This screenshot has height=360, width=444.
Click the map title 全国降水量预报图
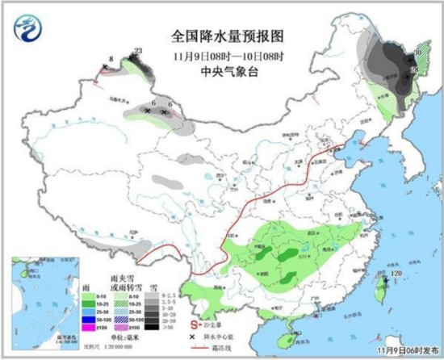[x=222, y=36]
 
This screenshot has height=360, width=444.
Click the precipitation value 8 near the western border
[x=110, y=60]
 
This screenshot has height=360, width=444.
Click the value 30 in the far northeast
[x=417, y=53]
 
